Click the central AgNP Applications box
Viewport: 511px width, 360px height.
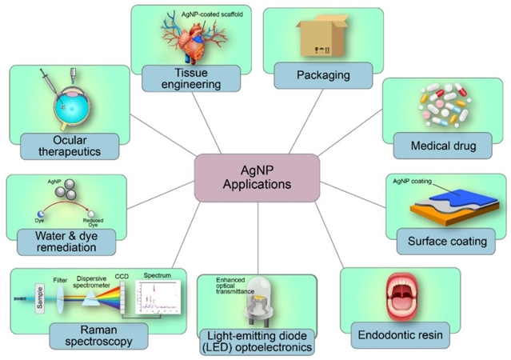(257, 176)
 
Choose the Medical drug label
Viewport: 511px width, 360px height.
(445, 146)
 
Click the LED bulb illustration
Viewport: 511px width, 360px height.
(258, 300)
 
